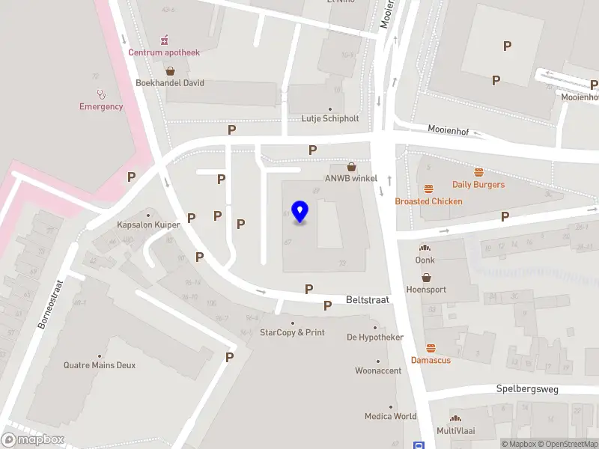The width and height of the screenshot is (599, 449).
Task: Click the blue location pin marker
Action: pos(300,213)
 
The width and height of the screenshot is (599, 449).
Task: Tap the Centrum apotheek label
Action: pos(163,52)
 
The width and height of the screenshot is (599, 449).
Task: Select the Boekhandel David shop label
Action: pos(170,83)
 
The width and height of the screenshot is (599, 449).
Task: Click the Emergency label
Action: pos(101,106)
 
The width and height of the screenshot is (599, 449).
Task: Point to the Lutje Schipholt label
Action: pos(330,118)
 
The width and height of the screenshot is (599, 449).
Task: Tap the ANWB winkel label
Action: pos(350,178)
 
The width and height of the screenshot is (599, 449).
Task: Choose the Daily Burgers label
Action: pos(478,184)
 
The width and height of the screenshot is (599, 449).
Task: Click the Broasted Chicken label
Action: pos(429,201)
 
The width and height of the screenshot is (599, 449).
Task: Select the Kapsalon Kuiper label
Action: pos(148,224)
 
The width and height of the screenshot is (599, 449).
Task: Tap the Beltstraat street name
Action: pos(368,299)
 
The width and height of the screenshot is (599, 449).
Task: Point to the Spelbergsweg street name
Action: pos(527,389)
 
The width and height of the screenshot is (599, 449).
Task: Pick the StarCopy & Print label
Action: pos(292,332)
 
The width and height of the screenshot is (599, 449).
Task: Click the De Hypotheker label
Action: pos(375,337)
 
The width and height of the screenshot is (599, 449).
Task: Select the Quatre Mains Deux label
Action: pos(100,365)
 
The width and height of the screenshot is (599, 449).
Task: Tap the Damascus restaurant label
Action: pos(431,360)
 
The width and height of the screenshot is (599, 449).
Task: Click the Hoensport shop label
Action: pos(426,290)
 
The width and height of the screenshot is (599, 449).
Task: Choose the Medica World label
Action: pos(390,416)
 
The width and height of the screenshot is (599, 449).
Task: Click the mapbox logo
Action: pos(33,439)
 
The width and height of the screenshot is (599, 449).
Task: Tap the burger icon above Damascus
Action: pos(431,348)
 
